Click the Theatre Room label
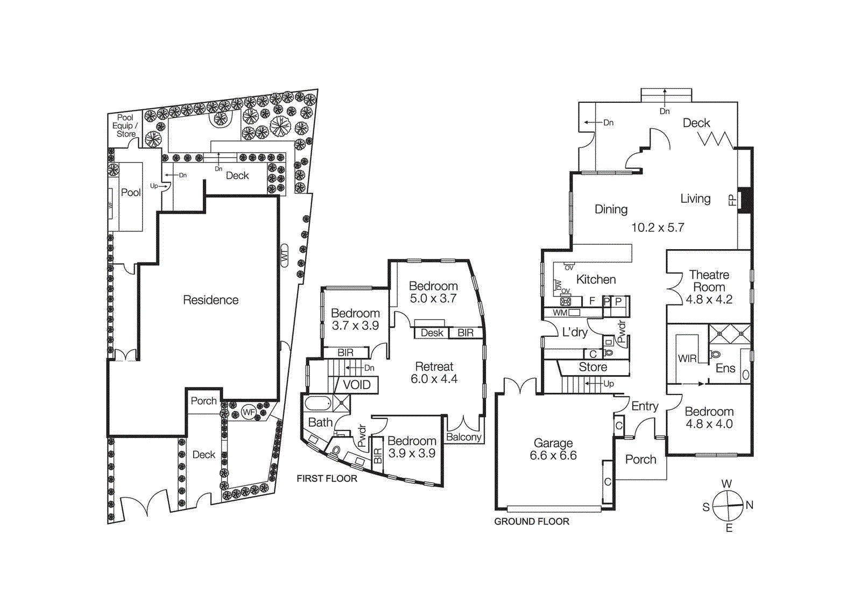tap(709, 281)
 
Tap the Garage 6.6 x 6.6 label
tap(553, 449)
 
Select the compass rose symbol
tap(728, 506)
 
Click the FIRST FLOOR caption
tap(327, 478)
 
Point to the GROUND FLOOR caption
tap(531, 521)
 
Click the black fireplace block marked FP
tap(745, 200)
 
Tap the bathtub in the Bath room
tap(319, 404)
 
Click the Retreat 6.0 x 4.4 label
tap(434, 373)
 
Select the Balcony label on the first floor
tap(463, 437)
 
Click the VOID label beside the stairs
tap(357, 385)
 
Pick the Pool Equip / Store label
tap(125, 125)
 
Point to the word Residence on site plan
tap(210, 300)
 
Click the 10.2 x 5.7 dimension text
tap(658, 228)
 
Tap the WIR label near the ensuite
tap(687, 358)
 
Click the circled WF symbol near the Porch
tap(249, 413)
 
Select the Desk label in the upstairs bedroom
tap(432, 333)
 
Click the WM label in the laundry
tap(560, 313)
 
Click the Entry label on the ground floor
tap(645, 406)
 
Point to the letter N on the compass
tap(749, 505)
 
